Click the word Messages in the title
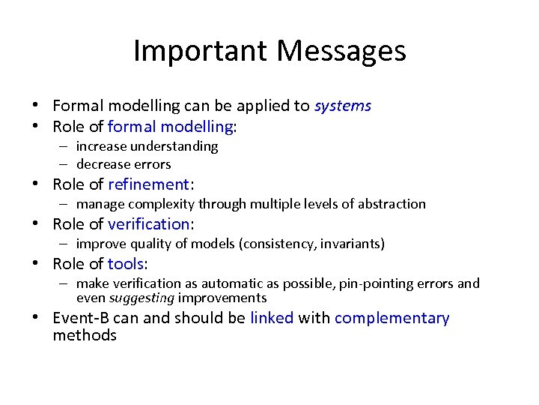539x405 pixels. point(341,51)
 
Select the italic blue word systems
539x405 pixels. point(342,106)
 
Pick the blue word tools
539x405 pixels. point(127,264)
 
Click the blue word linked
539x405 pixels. point(272,318)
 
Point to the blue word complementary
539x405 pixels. point(392,318)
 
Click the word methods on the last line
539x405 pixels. point(85,335)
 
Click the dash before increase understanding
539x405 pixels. point(66,146)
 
